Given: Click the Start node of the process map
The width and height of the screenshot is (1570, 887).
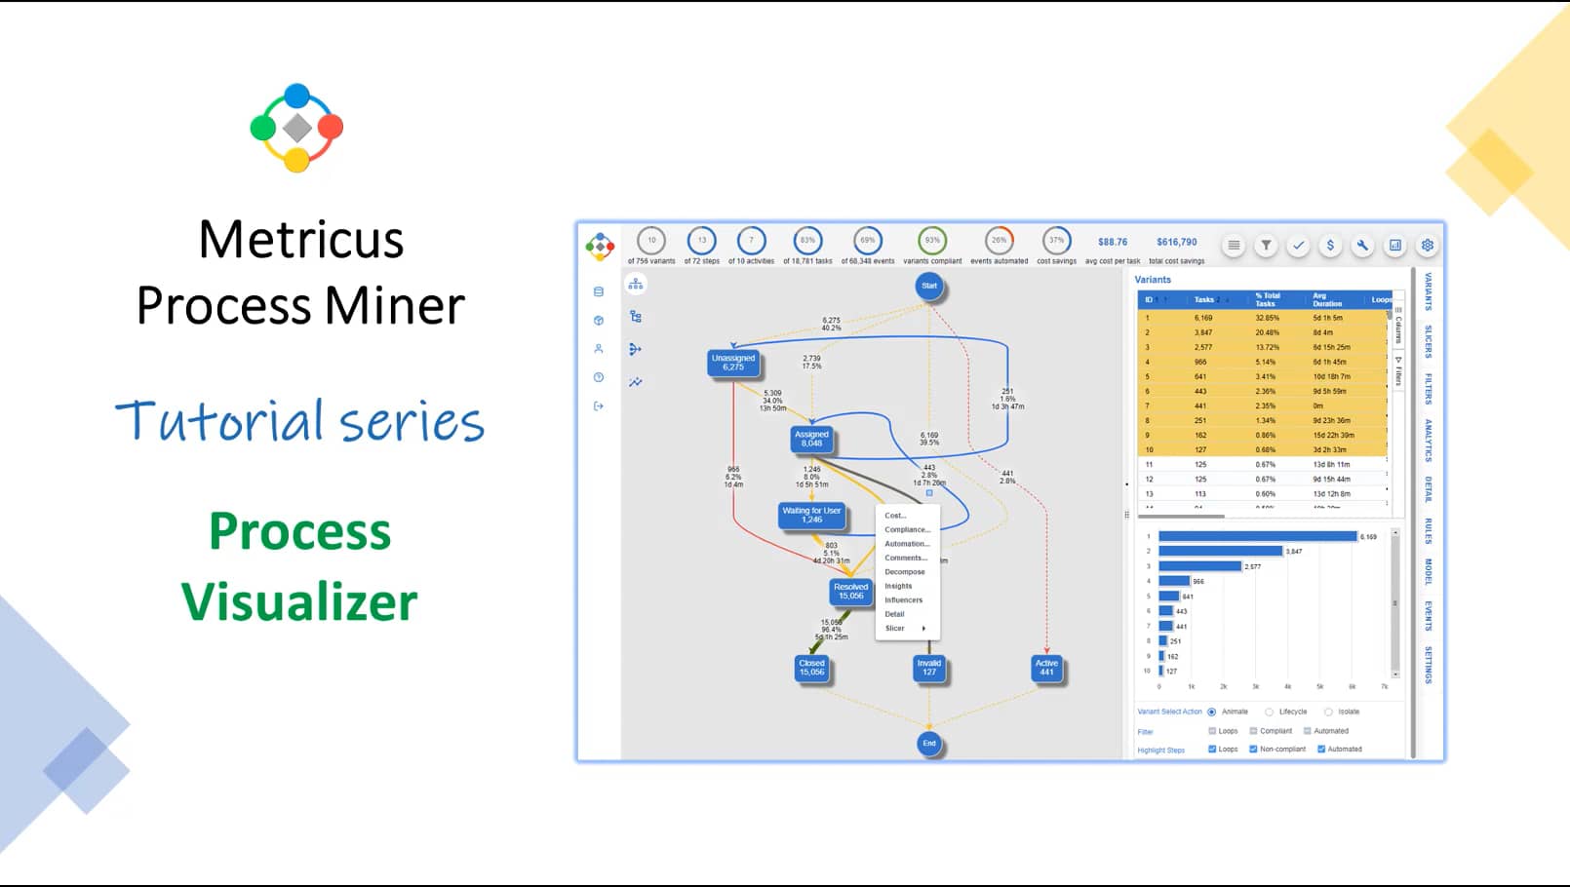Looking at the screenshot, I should (929, 286).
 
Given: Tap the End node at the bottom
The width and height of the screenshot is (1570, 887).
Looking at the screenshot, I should (929, 744).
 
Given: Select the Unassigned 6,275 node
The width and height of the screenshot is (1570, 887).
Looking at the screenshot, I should (733, 363).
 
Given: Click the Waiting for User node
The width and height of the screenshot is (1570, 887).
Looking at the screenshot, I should (811, 515).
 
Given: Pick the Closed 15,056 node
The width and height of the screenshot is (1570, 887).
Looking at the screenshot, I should (812, 668).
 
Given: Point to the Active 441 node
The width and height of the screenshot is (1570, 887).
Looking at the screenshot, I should (1046, 668).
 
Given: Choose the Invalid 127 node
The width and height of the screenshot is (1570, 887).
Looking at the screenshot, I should (929, 668).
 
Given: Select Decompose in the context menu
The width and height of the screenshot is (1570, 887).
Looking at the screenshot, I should (905, 572).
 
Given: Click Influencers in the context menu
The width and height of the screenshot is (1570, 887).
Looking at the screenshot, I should (903, 600).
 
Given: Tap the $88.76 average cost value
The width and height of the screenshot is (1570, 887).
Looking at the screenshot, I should (1113, 242).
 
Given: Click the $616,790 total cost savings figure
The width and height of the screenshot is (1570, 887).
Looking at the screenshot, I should (1177, 242).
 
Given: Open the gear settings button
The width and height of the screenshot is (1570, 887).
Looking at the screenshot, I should (1428, 246).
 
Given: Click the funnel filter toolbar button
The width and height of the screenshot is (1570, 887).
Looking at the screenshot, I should (1266, 246).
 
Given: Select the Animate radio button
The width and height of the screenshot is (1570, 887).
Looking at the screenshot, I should (1212, 712).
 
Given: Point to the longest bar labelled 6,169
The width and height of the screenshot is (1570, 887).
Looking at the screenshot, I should (1257, 536).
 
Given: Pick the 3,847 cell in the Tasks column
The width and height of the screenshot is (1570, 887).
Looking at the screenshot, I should (1203, 332).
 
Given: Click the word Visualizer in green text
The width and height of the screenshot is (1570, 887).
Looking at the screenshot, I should (299, 601).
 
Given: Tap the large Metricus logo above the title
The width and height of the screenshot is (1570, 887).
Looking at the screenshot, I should (296, 128).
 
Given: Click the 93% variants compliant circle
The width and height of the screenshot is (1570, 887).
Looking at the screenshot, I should (932, 240).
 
